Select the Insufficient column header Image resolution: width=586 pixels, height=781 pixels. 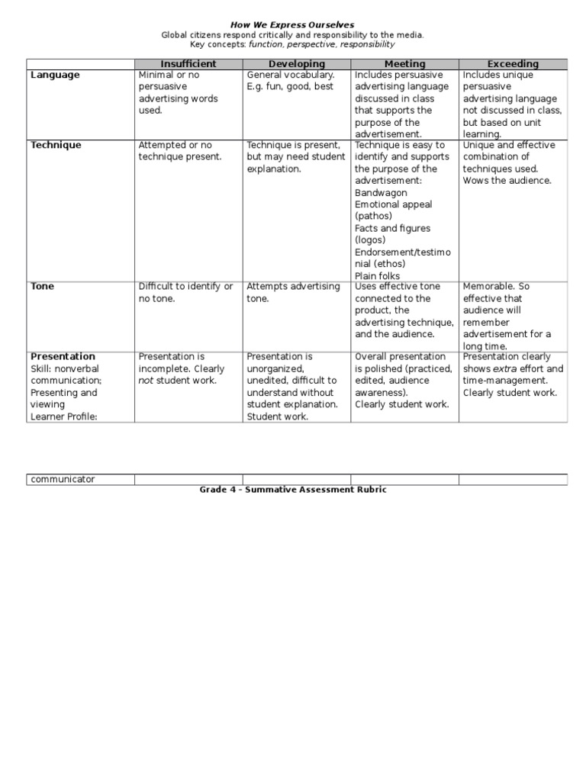(x=188, y=64)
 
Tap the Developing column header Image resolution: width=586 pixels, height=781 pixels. (x=297, y=64)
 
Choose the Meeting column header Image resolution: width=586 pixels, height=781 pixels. (x=404, y=64)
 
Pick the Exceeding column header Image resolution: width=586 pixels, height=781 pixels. (x=513, y=64)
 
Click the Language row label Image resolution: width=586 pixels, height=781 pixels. (x=54, y=76)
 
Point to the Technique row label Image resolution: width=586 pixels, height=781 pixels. (x=56, y=145)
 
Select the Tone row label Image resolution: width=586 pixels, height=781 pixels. (x=42, y=287)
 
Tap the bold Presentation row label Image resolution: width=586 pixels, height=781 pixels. (x=63, y=356)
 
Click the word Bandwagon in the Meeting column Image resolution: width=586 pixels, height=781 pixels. (x=381, y=193)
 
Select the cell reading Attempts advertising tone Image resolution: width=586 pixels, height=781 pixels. (x=293, y=293)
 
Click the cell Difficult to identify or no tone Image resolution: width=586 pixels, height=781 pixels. (x=185, y=293)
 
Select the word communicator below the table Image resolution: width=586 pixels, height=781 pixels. (x=63, y=479)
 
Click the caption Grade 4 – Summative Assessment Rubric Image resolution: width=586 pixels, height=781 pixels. (x=293, y=490)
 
